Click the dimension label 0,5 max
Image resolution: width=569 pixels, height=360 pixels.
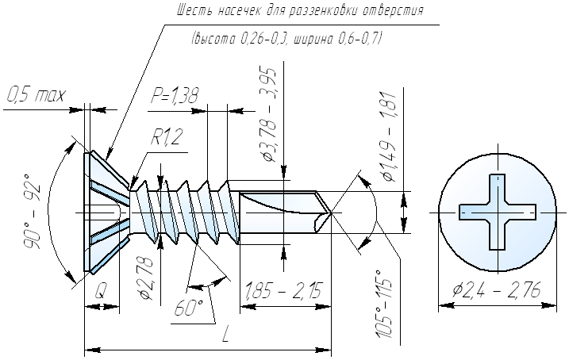click(x=37, y=95)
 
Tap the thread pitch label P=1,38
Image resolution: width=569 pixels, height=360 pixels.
click(x=175, y=96)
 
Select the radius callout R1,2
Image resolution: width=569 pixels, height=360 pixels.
click(x=167, y=137)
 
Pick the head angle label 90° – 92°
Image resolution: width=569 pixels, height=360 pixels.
click(x=32, y=216)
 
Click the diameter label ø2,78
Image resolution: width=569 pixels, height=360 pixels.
click(x=147, y=278)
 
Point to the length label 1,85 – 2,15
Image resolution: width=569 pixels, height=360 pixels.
click(x=284, y=290)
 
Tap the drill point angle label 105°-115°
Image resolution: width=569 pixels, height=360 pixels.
click(x=385, y=304)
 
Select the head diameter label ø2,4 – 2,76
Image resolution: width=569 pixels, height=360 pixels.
click(x=497, y=289)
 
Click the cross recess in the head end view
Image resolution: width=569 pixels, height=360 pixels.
click(x=497, y=212)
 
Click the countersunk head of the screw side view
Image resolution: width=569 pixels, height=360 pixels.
click(x=107, y=213)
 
